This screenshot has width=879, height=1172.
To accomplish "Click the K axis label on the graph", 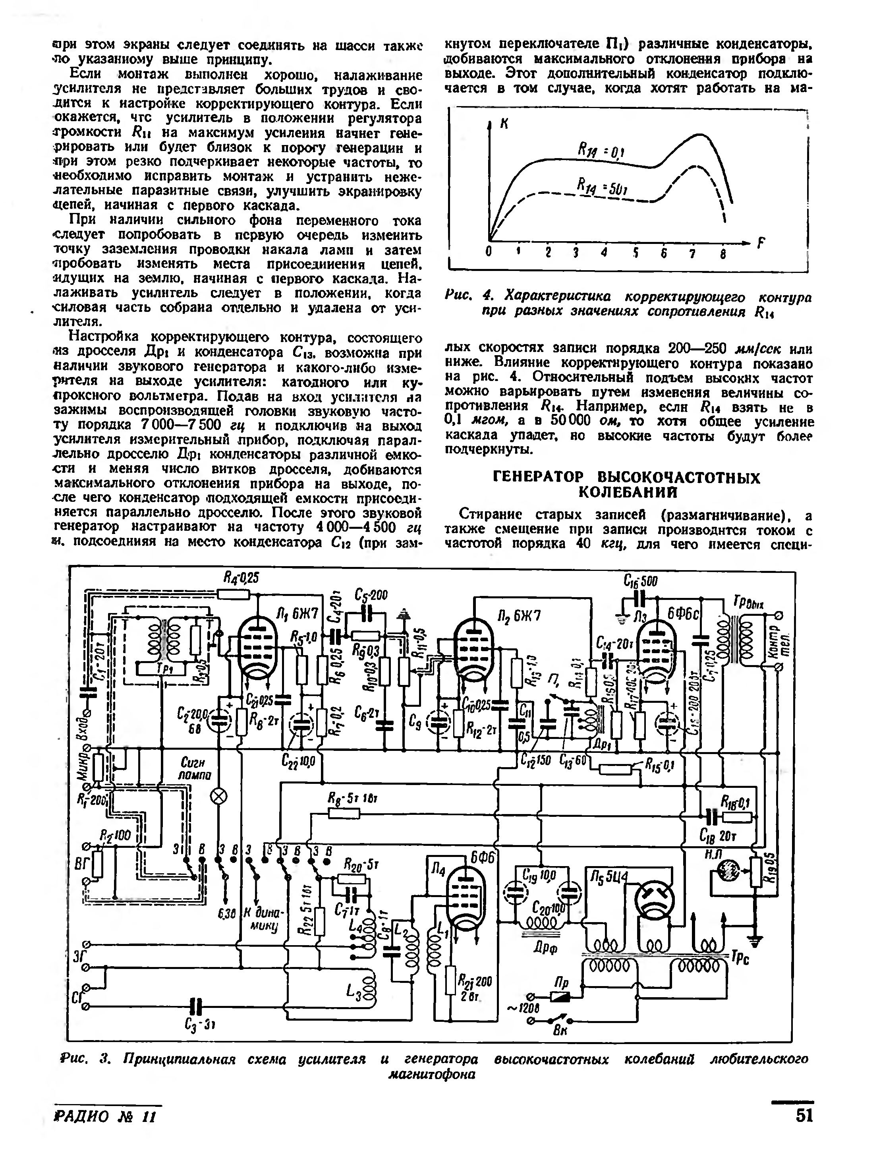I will (x=504, y=124).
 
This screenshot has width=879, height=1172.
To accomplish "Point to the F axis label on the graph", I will (x=762, y=243).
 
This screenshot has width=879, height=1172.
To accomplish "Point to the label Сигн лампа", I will (x=196, y=769).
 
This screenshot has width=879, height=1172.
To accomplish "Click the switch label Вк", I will (x=560, y=1031).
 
